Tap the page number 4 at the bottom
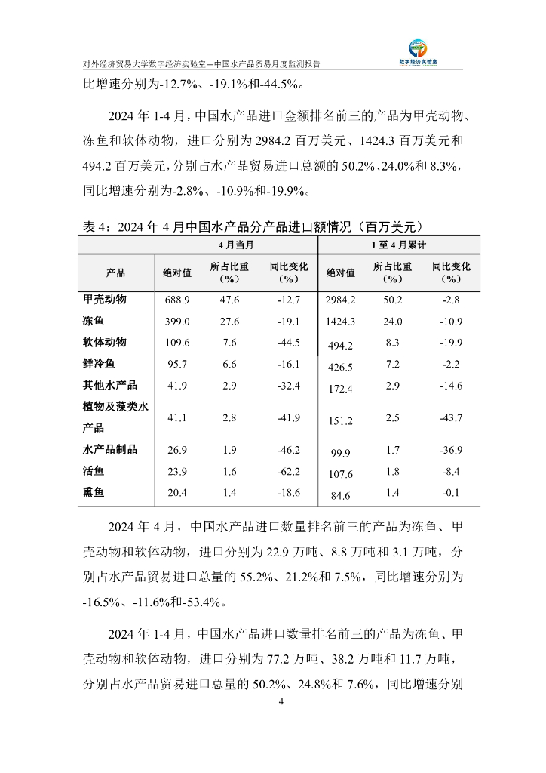tap(281, 702)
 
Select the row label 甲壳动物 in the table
tap(104, 300)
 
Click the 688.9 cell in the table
tap(177, 300)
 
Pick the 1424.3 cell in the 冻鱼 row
tap(340, 322)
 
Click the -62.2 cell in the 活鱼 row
tap(288, 472)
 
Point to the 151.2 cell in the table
tap(340, 421)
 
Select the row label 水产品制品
tap(109, 450)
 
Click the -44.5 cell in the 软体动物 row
tap(288, 343)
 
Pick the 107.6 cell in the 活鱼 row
tap(340, 475)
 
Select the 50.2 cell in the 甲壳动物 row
tap(393, 300)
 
